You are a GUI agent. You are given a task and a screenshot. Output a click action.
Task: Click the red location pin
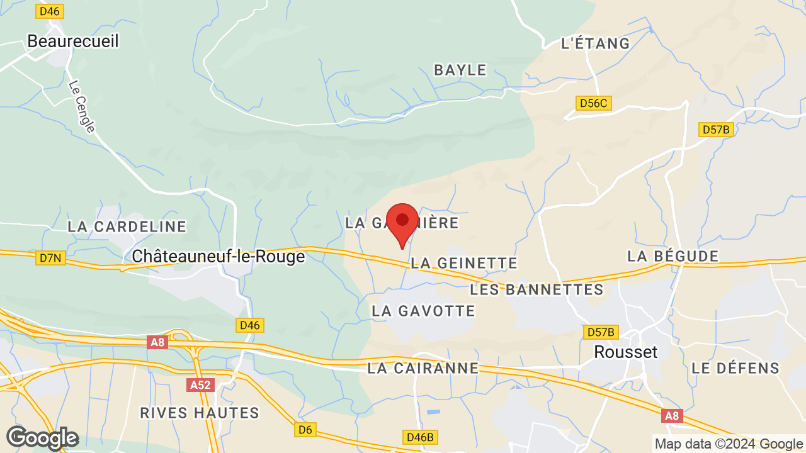coord(402,222)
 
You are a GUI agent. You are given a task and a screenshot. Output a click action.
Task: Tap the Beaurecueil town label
coord(73,41)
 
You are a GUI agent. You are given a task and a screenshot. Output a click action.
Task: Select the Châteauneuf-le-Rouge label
coord(219,257)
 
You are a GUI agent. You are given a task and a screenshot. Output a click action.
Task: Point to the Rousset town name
coord(626,352)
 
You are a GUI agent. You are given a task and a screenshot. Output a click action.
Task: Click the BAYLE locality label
coord(460,70)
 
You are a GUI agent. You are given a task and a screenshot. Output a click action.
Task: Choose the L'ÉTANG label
coord(595,43)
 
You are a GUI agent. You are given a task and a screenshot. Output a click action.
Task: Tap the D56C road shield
coord(594,103)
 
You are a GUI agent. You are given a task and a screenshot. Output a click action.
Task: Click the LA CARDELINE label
coord(127,226)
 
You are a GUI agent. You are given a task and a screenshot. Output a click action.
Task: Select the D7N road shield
coord(50,257)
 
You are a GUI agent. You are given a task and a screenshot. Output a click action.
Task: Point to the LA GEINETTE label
coord(464,263)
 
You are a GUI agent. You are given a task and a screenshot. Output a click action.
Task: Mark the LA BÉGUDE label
coord(673,256)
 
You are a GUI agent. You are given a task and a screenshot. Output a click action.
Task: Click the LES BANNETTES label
coord(537,290)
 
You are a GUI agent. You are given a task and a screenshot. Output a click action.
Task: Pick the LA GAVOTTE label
coord(423,311)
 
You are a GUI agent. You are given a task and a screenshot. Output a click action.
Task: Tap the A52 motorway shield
coord(200,384)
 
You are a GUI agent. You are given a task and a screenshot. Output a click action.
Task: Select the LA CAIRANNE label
coord(423,369)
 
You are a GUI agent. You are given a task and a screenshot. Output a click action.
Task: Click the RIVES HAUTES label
coord(200,413)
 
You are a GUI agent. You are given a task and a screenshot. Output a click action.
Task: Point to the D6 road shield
coord(305,430)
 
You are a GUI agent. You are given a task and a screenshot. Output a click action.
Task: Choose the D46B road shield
coord(420,437)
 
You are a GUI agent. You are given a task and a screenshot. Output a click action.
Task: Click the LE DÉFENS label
coord(735,368)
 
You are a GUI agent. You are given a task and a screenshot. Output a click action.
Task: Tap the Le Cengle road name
coord(82,106)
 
